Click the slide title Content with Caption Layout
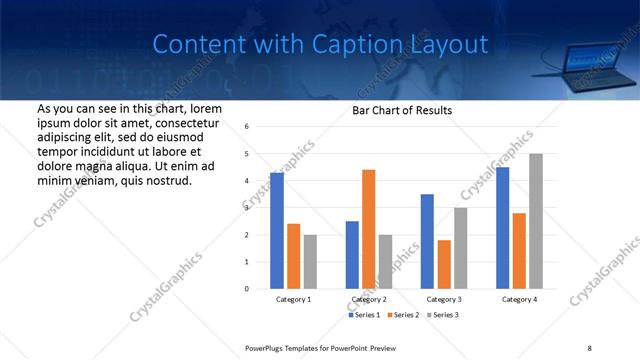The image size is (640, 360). [x=320, y=44]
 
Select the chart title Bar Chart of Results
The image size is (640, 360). [x=401, y=110]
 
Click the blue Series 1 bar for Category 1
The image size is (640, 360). [x=277, y=230]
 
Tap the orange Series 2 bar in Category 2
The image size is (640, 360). [x=368, y=229]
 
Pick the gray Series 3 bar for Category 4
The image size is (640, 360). [x=536, y=221]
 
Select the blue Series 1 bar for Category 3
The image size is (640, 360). [x=427, y=241]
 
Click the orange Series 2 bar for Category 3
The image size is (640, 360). [x=444, y=264]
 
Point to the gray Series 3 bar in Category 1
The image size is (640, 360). [x=311, y=261]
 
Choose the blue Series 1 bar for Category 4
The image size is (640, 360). [x=502, y=228]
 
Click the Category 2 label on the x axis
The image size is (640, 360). [x=369, y=299]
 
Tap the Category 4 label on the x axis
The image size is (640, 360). [x=519, y=299]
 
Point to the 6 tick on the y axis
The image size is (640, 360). [x=247, y=127]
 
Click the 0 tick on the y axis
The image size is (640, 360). [x=247, y=289]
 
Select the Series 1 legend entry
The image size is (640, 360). [x=366, y=316]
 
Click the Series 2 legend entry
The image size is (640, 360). [x=403, y=316]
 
